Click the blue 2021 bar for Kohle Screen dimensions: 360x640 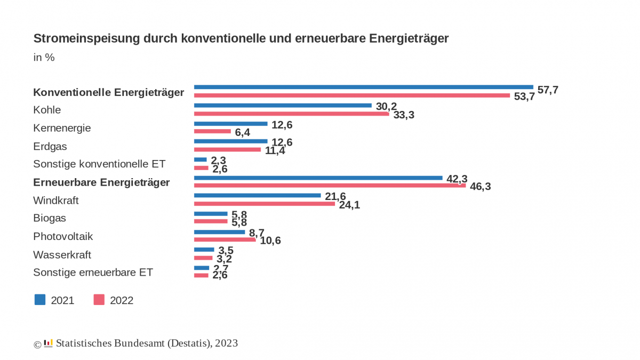283,105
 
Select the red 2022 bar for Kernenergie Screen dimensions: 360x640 212,131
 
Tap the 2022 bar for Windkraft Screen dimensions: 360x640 264,204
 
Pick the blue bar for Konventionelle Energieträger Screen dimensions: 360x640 363,87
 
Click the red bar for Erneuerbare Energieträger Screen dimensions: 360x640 330,186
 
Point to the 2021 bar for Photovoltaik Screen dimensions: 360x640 219,232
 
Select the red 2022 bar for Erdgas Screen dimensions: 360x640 227,149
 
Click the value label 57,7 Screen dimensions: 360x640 548,90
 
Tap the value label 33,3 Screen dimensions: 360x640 404,115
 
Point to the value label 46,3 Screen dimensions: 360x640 480,187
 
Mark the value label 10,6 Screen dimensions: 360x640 270,241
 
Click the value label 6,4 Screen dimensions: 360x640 243,132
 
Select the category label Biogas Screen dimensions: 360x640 50,218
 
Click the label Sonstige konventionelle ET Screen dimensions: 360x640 99,164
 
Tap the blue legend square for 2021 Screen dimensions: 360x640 40,299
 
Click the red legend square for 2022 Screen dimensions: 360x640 99,299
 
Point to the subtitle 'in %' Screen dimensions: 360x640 44,58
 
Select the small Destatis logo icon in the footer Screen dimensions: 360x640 48,343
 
